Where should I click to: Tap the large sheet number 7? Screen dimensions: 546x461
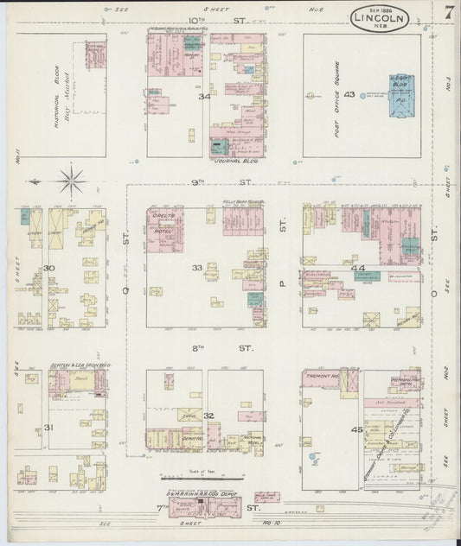pyautogui.click(x=449, y=13)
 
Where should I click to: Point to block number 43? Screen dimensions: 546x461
pyautogui.click(x=349, y=94)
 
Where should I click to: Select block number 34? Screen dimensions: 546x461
pyautogui.click(x=204, y=96)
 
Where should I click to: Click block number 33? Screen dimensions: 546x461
pyautogui.click(x=197, y=268)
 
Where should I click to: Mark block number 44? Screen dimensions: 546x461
pyautogui.click(x=358, y=269)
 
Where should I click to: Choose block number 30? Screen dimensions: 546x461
pyautogui.click(x=49, y=268)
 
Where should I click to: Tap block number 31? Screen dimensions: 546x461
pyautogui.click(x=48, y=427)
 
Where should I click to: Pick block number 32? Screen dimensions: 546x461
pyautogui.click(x=208, y=416)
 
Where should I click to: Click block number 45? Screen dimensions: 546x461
pyautogui.click(x=356, y=429)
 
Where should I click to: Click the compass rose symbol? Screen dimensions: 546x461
pyautogui.click(x=71, y=181)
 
